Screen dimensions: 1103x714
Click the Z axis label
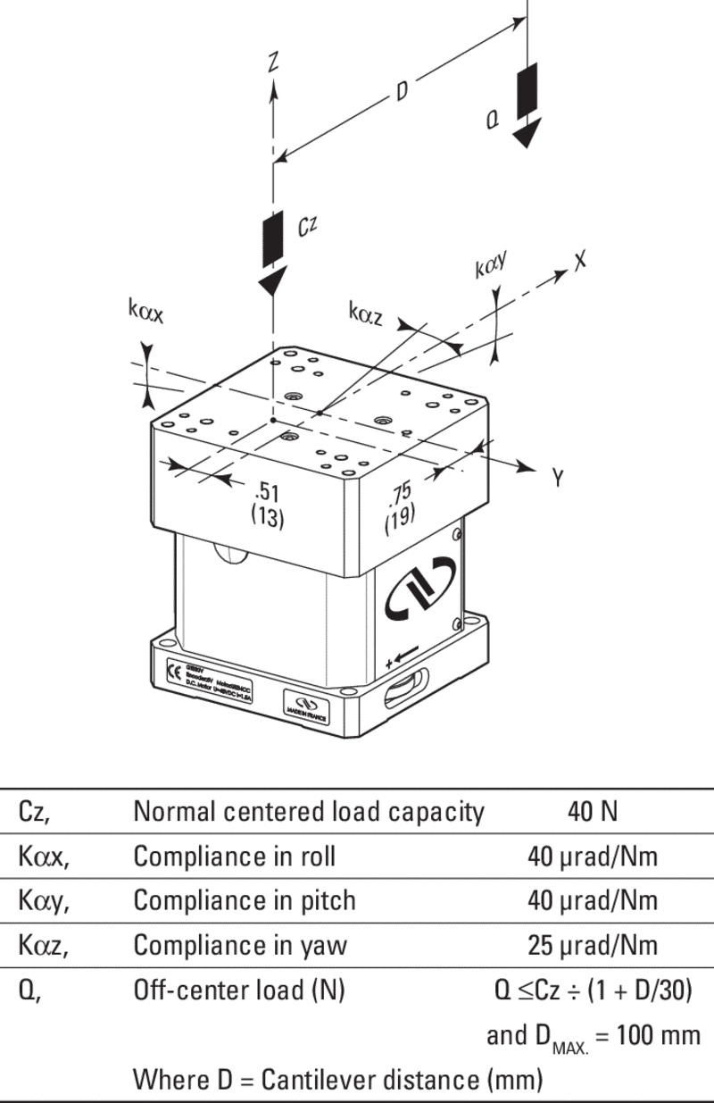pos(274,61)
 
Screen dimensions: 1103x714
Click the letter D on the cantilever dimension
pos(402,93)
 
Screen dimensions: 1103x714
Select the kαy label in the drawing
pos(491,265)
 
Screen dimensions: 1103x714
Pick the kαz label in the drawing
pos(366,313)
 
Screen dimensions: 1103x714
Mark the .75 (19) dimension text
pos(400,510)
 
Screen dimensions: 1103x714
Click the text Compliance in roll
pos(235,856)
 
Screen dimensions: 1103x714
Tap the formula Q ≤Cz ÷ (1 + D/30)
pos(586,989)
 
